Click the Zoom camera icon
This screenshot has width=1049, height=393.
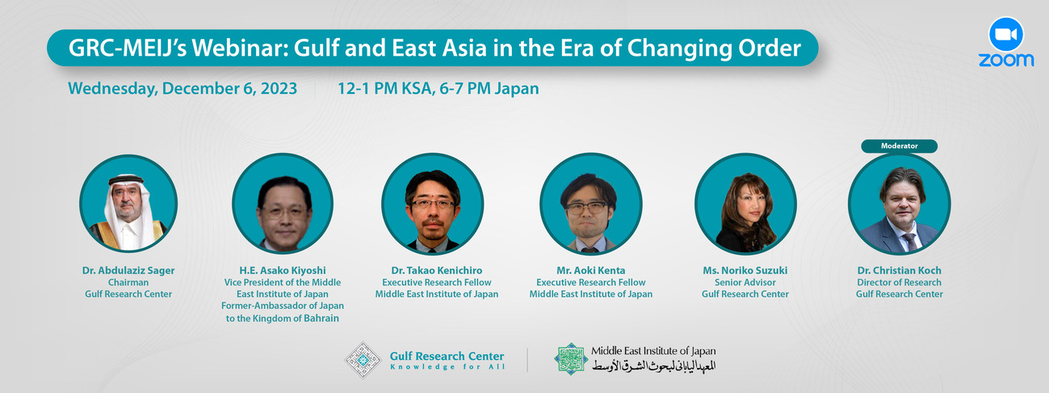pos(1006,35)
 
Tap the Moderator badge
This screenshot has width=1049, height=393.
pos(899,146)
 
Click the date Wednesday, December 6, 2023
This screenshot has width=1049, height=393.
pos(183,89)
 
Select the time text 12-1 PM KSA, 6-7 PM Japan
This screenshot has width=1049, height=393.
pos(438,89)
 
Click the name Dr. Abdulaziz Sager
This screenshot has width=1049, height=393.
pos(128,270)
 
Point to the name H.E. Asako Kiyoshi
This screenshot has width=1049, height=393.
pos(283,270)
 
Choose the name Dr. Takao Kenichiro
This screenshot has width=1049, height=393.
pos(436,270)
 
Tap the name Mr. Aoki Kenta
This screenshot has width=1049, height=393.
pos(590,270)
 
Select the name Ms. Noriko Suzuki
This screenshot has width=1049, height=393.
pos(745,270)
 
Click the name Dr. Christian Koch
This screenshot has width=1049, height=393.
pos(899,270)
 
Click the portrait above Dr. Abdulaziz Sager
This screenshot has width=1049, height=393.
pos(128,204)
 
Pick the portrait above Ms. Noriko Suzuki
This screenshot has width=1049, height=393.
pos(745,204)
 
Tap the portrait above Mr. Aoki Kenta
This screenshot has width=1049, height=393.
pos(590,204)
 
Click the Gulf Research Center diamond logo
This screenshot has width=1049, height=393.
pos(363,360)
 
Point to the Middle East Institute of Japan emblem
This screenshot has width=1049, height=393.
pos(571,358)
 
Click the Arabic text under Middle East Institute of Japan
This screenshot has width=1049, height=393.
pos(654,366)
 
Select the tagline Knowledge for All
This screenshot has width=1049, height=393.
pos(447,367)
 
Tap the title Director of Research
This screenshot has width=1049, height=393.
pos(899,282)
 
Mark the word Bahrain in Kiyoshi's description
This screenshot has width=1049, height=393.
pos(321,319)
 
